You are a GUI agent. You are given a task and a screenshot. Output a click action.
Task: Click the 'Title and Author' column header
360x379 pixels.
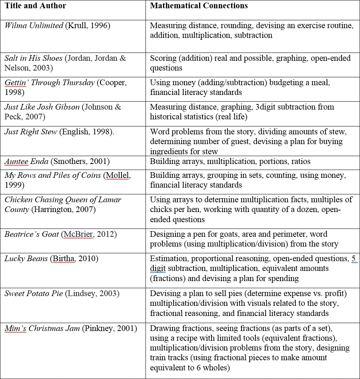35,6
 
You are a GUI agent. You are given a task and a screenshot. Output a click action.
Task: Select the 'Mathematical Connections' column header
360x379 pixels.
199,6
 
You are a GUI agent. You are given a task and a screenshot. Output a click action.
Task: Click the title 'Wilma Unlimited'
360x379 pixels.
34,26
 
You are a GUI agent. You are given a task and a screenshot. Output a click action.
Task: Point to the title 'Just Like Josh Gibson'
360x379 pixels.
42,107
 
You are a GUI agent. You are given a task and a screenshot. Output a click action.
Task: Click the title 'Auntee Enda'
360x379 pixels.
26,161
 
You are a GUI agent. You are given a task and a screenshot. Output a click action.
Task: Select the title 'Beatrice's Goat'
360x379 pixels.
31,234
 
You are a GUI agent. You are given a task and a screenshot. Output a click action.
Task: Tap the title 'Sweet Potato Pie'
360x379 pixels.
34,293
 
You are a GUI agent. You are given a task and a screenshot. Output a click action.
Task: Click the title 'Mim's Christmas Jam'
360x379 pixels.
42,328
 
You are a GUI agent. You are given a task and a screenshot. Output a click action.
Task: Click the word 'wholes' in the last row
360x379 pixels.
215,367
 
